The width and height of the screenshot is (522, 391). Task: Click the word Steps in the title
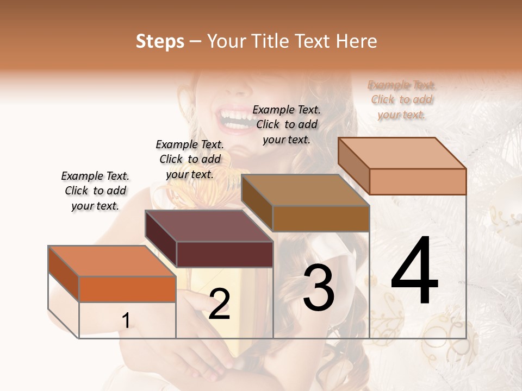pos(160,41)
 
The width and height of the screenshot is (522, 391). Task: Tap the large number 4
pos(414,272)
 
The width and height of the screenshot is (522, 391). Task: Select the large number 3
pos(319,288)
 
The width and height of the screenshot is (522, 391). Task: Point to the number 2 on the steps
pos(219,304)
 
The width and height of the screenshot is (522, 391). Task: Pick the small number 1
pos(126,321)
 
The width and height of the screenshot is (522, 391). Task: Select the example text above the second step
pos(190,159)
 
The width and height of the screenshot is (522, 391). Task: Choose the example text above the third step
pos(287,124)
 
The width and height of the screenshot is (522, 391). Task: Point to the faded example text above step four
pos(401,100)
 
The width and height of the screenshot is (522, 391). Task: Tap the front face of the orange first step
pos(127,289)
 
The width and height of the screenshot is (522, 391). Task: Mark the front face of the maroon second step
pos(225,254)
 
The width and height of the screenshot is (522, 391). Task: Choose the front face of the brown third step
pos(321,218)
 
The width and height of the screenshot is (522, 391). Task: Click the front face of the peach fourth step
pos(418,181)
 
